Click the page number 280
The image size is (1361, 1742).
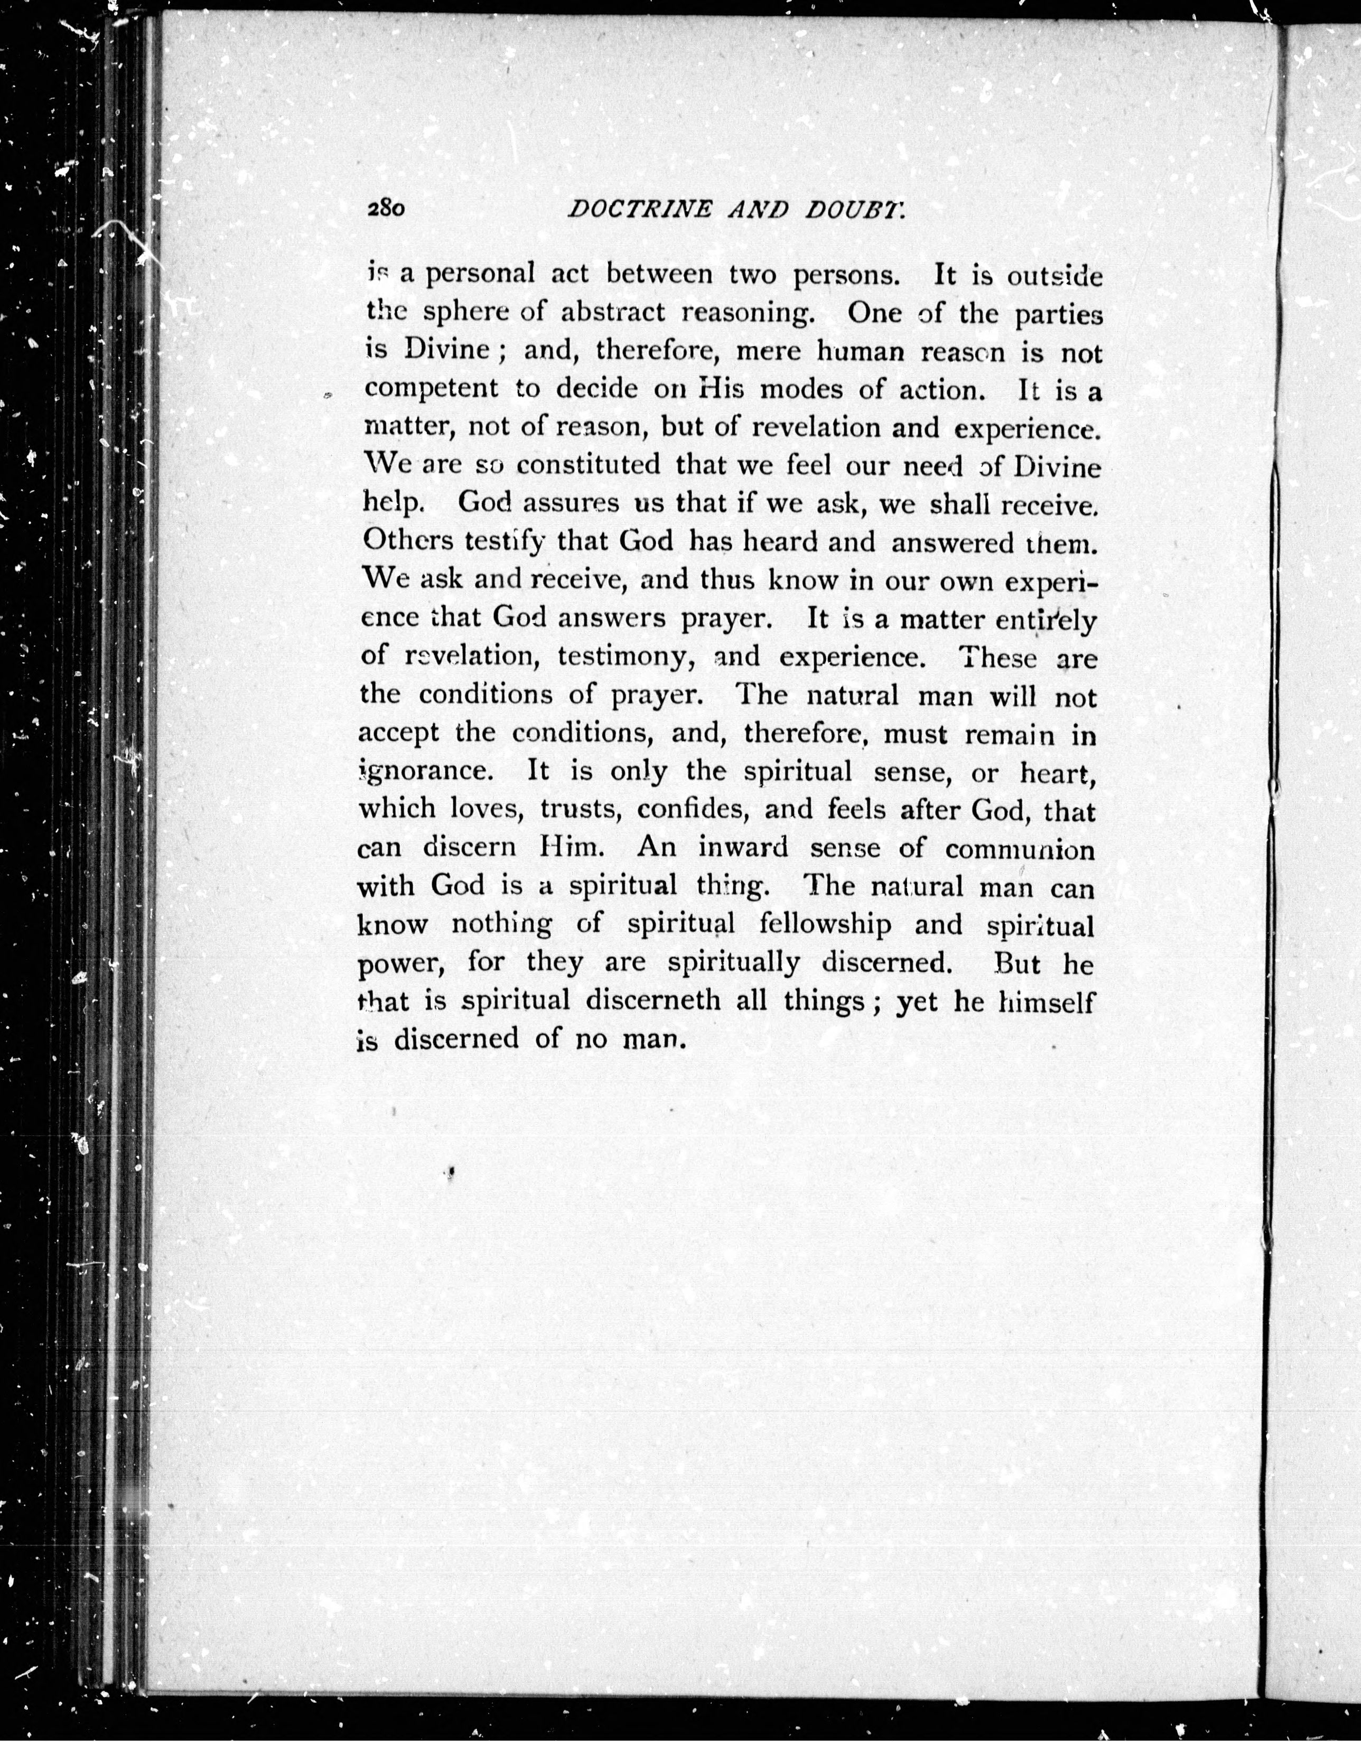click(x=387, y=209)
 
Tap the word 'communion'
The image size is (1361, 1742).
click(x=1020, y=849)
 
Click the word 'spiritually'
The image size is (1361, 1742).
click(x=733, y=963)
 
